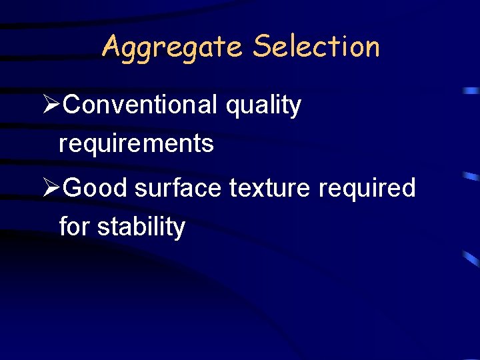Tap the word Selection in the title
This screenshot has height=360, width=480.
coord(316,47)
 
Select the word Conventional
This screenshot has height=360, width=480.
coord(141,105)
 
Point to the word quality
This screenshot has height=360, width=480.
coord(263,106)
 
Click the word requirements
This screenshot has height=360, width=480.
coord(136,143)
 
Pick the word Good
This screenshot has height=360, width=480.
coord(96,188)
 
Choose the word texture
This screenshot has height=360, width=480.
coord(270,188)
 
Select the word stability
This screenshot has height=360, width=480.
coord(141,227)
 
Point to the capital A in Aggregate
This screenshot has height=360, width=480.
coord(111,46)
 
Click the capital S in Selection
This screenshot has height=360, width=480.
coord(262,47)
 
